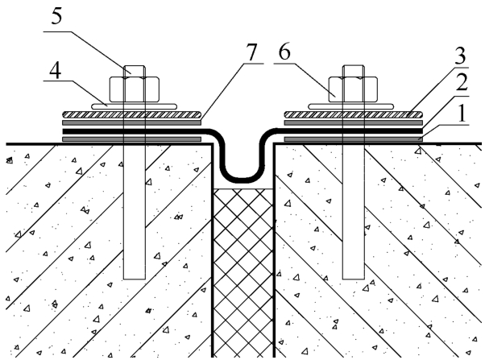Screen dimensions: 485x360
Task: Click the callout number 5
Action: click(56, 16)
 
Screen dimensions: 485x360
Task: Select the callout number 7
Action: click(251, 52)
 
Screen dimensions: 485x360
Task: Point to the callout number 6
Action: click(284, 52)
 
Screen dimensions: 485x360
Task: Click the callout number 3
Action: click(460, 56)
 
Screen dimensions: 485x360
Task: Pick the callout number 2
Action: click(462, 81)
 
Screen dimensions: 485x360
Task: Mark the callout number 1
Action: click(462, 114)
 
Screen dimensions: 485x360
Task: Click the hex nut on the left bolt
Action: click(135, 89)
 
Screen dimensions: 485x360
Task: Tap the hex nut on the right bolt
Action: click(353, 89)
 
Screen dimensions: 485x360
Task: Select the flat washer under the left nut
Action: click(134, 106)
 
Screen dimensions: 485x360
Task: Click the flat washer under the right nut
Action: click(351, 106)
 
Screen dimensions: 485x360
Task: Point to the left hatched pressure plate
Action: click(132, 114)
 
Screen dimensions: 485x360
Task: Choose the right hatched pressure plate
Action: click(353, 114)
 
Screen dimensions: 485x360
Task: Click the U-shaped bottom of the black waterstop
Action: click(243, 179)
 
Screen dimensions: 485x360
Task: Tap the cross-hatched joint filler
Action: click(243, 273)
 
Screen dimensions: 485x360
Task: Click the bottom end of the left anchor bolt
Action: click(135, 279)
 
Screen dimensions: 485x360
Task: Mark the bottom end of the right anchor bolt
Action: click(354, 279)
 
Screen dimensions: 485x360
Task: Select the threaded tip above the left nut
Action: click(135, 71)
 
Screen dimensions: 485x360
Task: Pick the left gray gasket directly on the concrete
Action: click(132, 139)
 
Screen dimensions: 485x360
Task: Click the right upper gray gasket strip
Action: click(353, 122)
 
